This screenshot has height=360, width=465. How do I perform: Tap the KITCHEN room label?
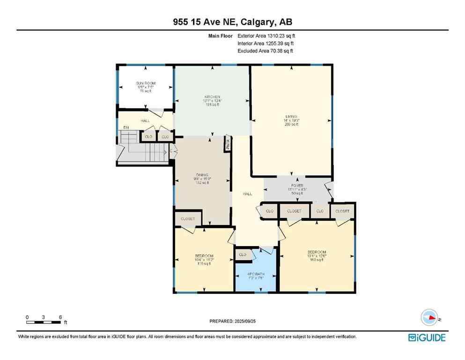tap(211, 97)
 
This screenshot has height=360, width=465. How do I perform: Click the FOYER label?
tap(296, 185)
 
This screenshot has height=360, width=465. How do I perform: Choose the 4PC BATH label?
tap(256, 273)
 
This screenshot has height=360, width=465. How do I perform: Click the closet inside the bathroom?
tap(243, 255)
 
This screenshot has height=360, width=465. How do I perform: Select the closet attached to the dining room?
tap(187, 218)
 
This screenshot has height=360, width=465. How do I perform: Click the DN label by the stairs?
tap(125, 127)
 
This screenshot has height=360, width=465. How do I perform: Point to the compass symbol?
tap(428, 317)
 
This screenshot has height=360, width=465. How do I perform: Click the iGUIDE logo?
tap(427, 337)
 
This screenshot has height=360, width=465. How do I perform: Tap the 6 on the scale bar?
tap(60, 317)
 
